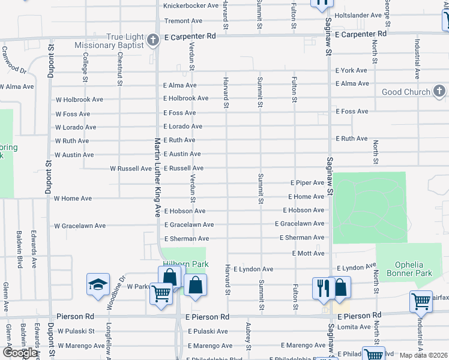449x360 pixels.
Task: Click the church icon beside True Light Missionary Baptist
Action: click(x=153, y=41)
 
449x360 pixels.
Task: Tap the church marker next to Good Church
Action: click(x=439, y=92)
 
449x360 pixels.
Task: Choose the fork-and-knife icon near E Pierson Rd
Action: click(x=322, y=287)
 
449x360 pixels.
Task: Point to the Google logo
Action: click(x=20, y=353)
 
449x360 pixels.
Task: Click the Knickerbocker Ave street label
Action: click(x=191, y=5)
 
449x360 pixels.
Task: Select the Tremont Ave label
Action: click(x=183, y=21)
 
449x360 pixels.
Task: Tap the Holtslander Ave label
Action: click(x=358, y=15)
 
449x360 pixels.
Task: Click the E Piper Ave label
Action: click(x=307, y=182)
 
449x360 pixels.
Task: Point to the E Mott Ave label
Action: click(x=308, y=254)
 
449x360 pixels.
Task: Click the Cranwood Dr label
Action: click(x=14, y=62)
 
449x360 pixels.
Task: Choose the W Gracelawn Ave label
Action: click(x=80, y=226)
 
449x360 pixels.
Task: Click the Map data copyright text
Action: click(x=423, y=355)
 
